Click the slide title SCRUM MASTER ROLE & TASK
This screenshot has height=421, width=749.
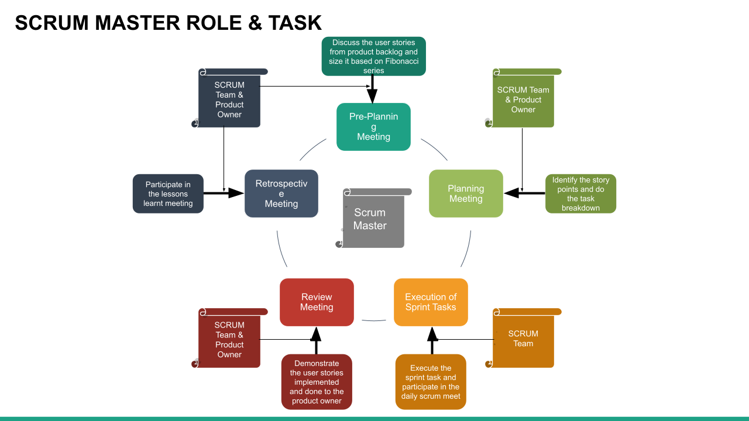pos(169,23)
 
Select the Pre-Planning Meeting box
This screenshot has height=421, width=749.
pos(373,127)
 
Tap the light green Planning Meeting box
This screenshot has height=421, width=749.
pos(466,194)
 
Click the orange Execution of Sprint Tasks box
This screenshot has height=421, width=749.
pos(431,302)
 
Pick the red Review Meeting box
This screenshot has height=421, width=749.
pos(317,302)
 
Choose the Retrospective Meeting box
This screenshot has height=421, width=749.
pos(281,194)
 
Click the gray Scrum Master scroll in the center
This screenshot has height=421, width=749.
pos(373,219)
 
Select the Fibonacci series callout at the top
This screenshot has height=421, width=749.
pos(373,56)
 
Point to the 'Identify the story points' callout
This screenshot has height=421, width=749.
pos(580,194)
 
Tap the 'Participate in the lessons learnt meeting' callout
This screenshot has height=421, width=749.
pos(168,194)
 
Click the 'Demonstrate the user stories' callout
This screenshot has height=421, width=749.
pos(317,382)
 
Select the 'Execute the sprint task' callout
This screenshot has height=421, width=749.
pos(431,382)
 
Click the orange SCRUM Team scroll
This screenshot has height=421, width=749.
pos(523,339)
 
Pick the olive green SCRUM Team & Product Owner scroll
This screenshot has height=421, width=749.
pos(523,100)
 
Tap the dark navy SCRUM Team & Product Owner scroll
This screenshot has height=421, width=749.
pos(229,100)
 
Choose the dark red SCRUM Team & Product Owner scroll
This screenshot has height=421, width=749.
pos(229,340)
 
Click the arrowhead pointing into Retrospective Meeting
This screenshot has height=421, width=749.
pos(236,193)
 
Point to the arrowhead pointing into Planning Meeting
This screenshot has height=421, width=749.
pos(511,193)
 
